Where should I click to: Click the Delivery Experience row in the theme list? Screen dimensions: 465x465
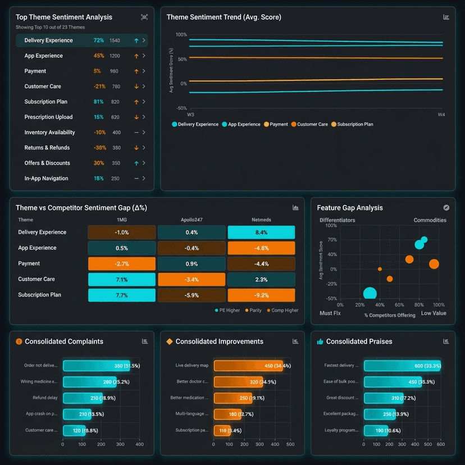pos(81,40)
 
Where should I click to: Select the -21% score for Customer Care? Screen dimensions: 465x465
pos(99,86)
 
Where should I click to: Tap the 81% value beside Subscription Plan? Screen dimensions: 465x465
pos(99,102)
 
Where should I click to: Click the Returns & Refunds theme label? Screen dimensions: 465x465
pos(47,148)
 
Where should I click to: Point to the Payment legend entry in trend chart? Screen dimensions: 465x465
pos(275,124)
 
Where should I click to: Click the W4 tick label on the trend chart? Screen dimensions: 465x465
pos(441,115)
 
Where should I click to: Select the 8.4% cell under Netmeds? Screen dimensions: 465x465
pos(261,233)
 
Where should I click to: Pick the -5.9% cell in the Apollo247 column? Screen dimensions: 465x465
pos(192,295)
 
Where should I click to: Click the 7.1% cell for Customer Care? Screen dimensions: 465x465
pos(121,279)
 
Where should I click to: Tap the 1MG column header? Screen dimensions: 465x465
pos(121,220)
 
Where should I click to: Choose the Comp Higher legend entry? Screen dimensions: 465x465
pos(282,310)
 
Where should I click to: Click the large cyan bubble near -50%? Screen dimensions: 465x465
pos(370,294)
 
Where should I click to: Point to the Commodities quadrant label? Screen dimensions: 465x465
pos(430,220)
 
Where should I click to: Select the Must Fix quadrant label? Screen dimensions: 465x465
pos(330,313)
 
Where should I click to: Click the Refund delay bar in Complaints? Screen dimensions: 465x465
pos(83,398)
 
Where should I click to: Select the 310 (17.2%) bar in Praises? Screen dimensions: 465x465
pos(384,398)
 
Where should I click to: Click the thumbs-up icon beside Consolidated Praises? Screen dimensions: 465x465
pos(320,341)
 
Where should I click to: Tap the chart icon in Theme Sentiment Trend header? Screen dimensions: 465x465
pos(446,17)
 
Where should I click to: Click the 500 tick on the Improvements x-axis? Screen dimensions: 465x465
pos(290,444)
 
